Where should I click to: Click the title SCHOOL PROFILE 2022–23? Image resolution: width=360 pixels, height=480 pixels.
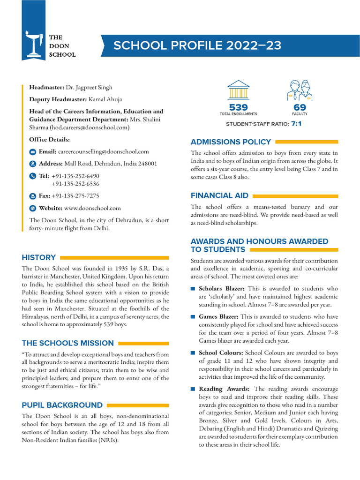coord(197,45)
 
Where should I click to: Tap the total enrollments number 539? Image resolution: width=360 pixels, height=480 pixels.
coord(238,107)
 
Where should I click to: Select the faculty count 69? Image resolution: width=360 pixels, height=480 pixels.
coord(300,107)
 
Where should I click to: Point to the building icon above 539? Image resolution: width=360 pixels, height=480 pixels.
coord(238,90)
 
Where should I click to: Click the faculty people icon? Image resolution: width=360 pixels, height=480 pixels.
coord(299,90)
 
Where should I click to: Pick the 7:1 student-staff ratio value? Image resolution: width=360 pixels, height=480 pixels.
coord(296,124)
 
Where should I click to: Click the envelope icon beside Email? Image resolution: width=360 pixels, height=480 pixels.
coord(32,152)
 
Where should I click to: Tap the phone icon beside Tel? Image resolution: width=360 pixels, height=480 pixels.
coord(32,176)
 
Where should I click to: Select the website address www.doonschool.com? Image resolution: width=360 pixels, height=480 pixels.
coord(92,208)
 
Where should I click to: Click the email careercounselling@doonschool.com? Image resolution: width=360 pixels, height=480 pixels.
coord(103,151)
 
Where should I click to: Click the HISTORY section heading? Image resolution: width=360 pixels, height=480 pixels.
coord(38,257)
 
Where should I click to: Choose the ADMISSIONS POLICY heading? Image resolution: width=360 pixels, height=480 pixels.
coord(231,142)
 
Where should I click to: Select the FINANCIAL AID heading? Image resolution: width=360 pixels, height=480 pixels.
coord(219,195)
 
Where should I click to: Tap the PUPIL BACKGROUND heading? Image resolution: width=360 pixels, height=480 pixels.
coord(62,405)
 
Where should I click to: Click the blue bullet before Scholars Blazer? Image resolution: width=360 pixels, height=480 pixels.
coord(193,289)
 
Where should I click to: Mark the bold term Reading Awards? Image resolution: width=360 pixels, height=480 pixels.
coord(224,389)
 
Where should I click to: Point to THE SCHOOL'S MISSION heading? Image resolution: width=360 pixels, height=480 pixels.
coord(67,343)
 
